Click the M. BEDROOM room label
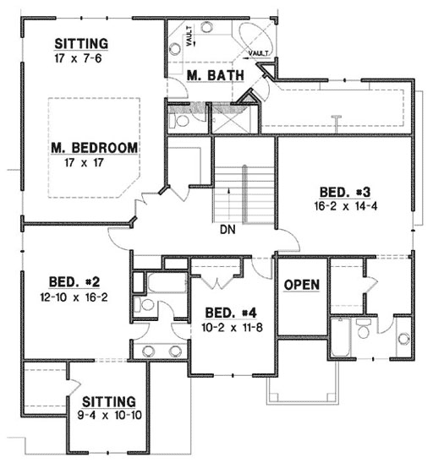pos(93,148)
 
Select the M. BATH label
pos(216,76)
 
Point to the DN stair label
pos(226,229)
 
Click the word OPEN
pos(301,285)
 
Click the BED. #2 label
pos(65,282)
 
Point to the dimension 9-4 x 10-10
pos(109,415)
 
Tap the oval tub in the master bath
pos(256,37)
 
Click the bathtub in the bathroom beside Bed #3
pos(341,338)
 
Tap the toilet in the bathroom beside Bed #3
pos(364,329)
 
